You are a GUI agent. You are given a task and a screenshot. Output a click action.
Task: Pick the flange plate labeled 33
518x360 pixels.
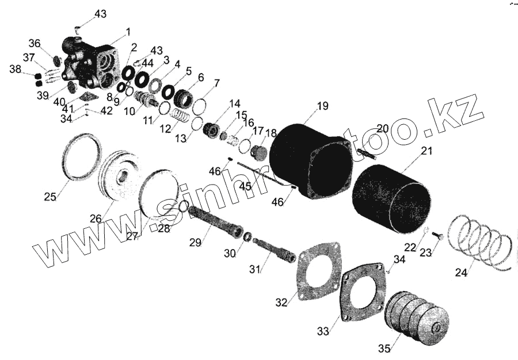click(x=363, y=293)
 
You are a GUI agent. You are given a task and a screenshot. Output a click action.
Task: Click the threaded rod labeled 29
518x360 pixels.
click(x=215, y=222)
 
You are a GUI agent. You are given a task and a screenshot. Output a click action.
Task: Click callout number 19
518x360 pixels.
click(x=322, y=106)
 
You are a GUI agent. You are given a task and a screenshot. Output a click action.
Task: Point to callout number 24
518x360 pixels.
click(x=462, y=273)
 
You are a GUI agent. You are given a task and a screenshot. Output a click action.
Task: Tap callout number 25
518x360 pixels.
click(x=49, y=197)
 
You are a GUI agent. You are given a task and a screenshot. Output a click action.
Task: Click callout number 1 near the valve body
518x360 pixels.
click(x=128, y=31)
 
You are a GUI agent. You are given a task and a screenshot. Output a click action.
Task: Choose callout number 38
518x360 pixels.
click(x=14, y=70)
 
